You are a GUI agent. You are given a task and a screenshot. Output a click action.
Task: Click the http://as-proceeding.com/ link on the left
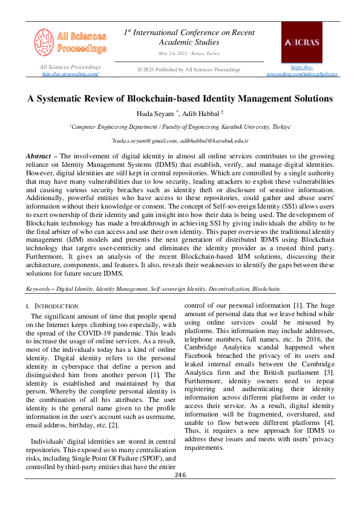click(70, 74)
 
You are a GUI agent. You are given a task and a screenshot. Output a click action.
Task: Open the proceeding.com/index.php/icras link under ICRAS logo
click(302, 74)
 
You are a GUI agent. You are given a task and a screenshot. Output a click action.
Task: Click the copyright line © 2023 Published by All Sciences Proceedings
click(189, 70)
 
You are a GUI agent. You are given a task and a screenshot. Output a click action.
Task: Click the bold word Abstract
click(38, 156)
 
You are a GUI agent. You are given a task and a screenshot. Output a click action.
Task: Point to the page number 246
click(180, 475)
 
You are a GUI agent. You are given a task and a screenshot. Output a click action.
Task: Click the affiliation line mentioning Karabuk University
click(180, 127)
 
